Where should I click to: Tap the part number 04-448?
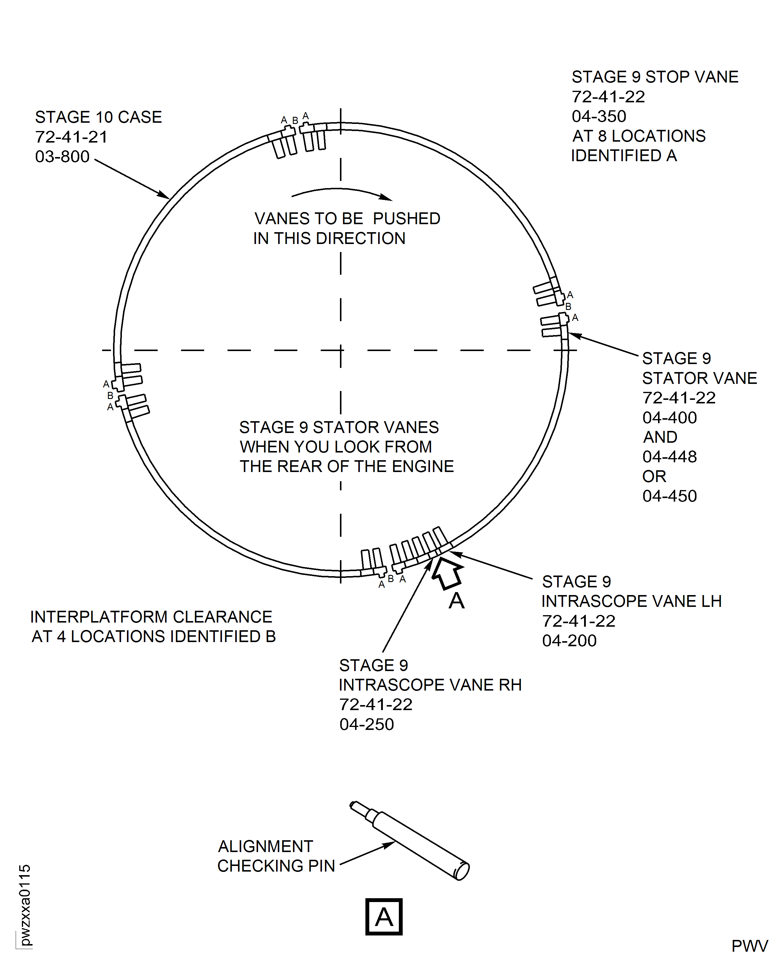click(x=669, y=457)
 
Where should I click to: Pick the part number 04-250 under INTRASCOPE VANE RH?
click(x=367, y=724)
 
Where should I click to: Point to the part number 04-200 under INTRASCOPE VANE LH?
click(x=569, y=640)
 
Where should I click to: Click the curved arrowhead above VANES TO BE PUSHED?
click(x=386, y=197)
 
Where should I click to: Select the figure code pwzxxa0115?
click(x=25, y=905)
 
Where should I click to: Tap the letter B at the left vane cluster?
click(x=110, y=396)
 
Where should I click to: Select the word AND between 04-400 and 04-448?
click(x=660, y=437)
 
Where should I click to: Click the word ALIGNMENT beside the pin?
click(x=265, y=846)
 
